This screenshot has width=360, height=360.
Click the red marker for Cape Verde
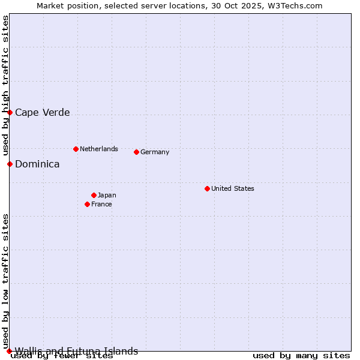click(x=10, y=112)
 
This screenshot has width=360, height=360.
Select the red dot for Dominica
click(x=10, y=164)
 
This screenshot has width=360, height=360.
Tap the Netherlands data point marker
click(x=76, y=149)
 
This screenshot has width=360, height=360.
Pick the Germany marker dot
click(x=136, y=152)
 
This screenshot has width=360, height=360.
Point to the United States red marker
click(x=207, y=188)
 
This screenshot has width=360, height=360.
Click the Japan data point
click(x=94, y=195)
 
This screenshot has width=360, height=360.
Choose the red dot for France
click(x=88, y=204)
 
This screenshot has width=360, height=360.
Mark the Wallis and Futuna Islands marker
click(x=9, y=351)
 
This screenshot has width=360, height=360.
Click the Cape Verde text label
click(x=42, y=112)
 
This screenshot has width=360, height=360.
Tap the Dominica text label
click(x=37, y=164)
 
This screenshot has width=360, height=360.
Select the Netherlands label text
click(x=99, y=149)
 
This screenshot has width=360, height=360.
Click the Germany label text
click(x=155, y=152)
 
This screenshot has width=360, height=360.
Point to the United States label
click(x=233, y=188)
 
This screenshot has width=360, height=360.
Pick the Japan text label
click(x=107, y=195)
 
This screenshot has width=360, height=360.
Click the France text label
click(x=101, y=204)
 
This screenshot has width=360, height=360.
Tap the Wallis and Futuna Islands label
click(x=76, y=351)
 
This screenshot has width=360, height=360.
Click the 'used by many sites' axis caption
click(x=301, y=355)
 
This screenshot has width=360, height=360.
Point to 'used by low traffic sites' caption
click(x=5, y=281)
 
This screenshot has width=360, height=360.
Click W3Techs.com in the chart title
click(x=293, y=5)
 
